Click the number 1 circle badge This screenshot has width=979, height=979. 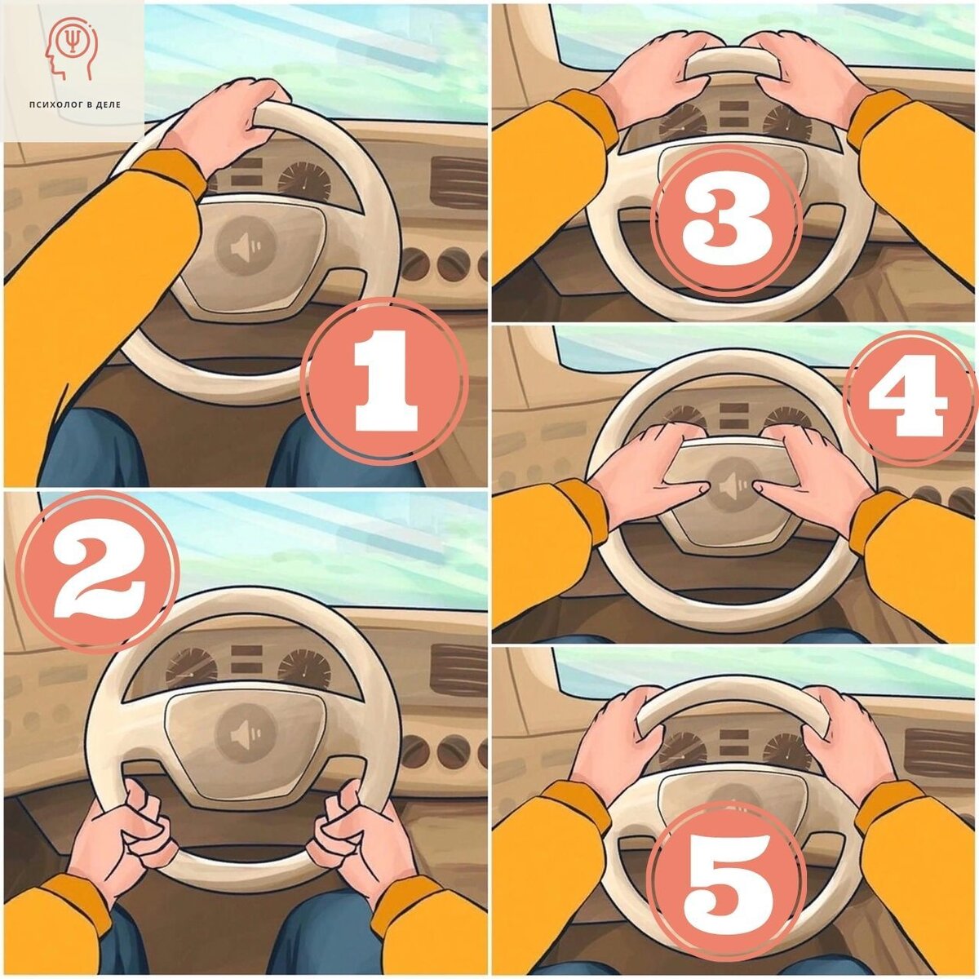click(x=384, y=381)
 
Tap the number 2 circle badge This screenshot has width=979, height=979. click(x=98, y=572)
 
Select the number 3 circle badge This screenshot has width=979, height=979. click(x=727, y=222)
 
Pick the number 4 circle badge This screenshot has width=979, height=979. click(x=908, y=398)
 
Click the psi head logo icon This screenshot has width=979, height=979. click(x=72, y=48)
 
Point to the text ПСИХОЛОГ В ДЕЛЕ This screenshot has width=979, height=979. click(x=75, y=104)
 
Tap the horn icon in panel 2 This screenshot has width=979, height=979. click(x=246, y=734)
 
